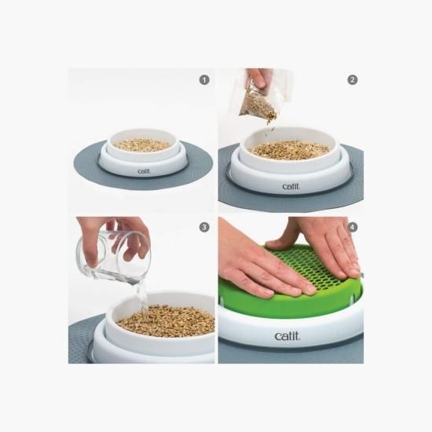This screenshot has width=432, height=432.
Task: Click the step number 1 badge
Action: tap(204, 80)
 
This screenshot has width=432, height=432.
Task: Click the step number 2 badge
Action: tap(353, 80)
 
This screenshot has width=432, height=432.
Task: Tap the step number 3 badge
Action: tap(204, 227)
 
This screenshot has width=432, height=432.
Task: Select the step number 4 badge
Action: tap(353, 227)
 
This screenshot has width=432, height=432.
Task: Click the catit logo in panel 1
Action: tap(144, 171)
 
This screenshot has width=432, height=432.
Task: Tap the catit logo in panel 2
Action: tap(291, 186)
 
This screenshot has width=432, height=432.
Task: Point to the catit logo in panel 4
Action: tap(287, 336)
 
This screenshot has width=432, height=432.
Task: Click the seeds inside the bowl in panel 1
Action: tap(142, 145)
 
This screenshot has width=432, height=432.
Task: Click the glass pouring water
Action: tap(113, 256)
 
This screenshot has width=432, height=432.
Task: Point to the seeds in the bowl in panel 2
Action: tap(289, 151)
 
